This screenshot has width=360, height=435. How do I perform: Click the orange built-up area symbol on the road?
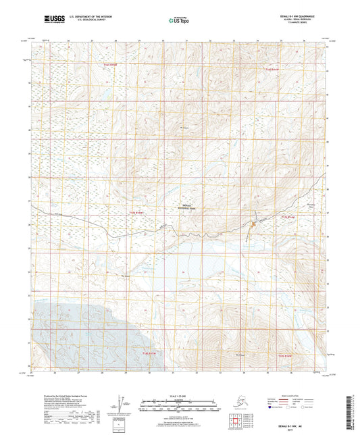pyautogui.click(x=253, y=222)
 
